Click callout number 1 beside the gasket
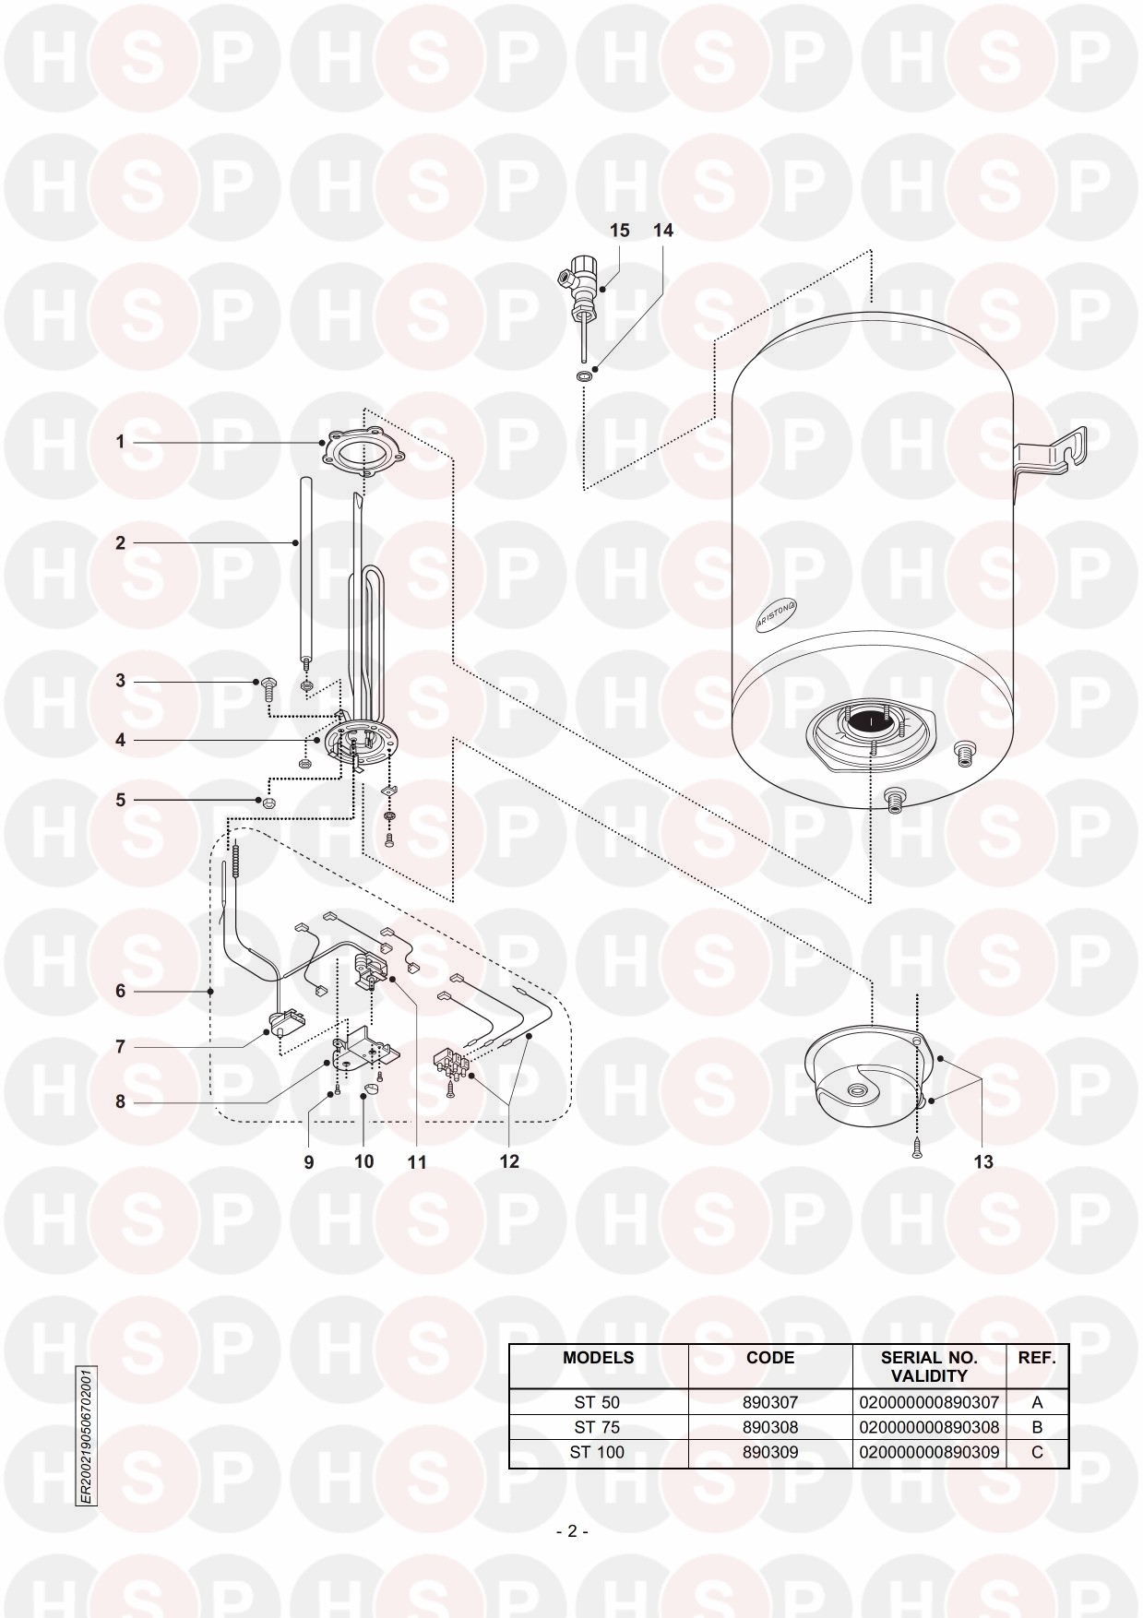pyautogui.click(x=119, y=442)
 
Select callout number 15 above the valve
pyautogui.click(x=620, y=230)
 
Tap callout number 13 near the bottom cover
pyautogui.click(x=983, y=1161)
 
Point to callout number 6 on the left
pyautogui.click(x=120, y=991)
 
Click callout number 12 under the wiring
pyautogui.click(x=509, y=1161)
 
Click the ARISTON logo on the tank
pyautogui.click(x=777, y=613)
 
